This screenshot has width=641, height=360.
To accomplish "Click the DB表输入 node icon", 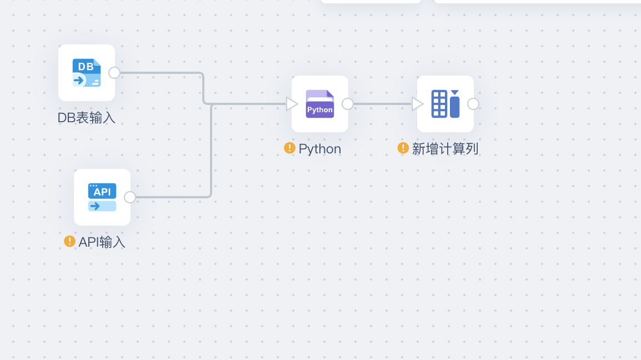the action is tap(87, 73).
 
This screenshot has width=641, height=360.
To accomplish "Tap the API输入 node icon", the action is tap(102, 197).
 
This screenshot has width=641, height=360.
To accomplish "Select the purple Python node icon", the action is tap(320, 104).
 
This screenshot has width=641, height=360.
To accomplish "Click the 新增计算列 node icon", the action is tap(445, 104).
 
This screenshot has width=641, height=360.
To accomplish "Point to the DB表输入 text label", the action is tap(86, 118).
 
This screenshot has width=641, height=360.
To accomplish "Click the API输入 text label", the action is tap(102, 242).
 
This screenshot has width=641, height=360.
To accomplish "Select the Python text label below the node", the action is tap(320, 149).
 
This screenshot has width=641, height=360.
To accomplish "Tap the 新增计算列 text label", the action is tap(445, 149).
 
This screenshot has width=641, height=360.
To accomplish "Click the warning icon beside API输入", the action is tap(69, 241).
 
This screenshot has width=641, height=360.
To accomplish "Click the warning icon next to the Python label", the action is tap(289, 148).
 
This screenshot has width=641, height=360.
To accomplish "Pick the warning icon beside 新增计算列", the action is tap(403, 148).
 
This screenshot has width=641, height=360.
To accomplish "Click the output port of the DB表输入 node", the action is tap(114, 73).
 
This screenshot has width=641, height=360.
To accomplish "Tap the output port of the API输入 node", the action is tap(130, 197).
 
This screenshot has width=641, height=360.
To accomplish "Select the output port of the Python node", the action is tap(348, 104).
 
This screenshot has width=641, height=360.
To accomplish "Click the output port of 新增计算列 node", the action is tap(473, 104).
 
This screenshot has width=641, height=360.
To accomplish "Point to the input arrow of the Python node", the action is tap(291, 104).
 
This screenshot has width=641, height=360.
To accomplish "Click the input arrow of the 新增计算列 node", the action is tap(417, 104).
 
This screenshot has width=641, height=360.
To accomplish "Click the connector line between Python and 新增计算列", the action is tap(382, 104).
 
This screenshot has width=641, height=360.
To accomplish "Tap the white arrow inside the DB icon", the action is tap(79, 80).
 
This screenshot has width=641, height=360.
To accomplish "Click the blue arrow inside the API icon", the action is tap(95, 206).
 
